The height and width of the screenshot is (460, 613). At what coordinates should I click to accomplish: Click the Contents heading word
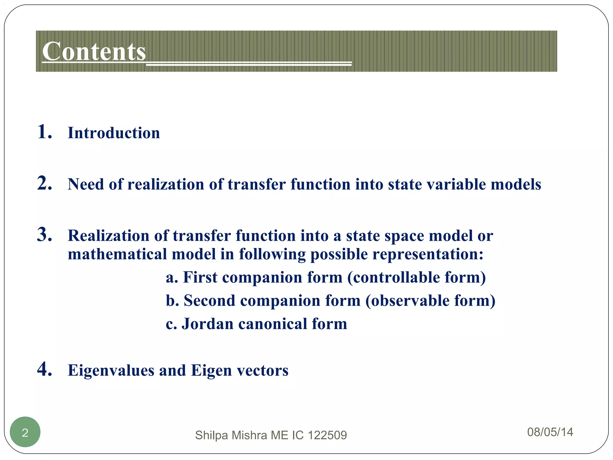coord(94,52)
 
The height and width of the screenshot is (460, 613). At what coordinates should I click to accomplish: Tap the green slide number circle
coord(25,432)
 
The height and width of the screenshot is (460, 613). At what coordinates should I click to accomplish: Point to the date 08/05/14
coord(550,432)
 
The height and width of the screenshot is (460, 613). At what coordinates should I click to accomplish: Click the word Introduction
coord(114,133)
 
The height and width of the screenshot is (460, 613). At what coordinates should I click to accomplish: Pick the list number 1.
coord(44,132)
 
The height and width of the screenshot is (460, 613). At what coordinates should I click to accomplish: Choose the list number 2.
coord(44,183)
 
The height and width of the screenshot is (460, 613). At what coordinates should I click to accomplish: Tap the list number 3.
coord(44,234)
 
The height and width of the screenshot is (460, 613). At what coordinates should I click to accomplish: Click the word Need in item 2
coord(86,184)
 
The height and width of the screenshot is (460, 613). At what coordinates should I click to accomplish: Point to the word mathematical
coord(117,254)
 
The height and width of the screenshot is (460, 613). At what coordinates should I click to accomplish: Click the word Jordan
coord(207,324)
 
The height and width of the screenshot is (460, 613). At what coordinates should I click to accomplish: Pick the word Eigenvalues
coord(111,371)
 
